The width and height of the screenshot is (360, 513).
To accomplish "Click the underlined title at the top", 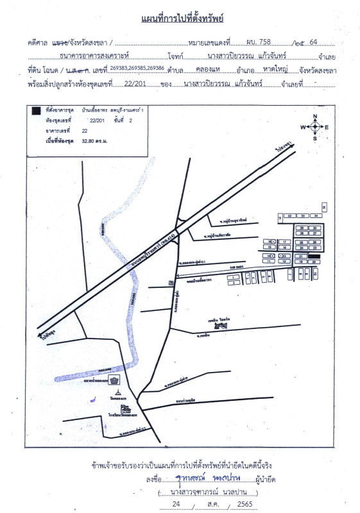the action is pyautogui.click(x=182, y=19).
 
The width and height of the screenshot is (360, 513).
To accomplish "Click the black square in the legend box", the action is pyautogui.click(x=37, y=110).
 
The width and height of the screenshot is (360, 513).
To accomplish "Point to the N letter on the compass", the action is pyautogui.click(x=315, y=117).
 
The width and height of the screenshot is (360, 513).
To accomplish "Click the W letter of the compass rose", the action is pyautogui.click(x=305, y=127).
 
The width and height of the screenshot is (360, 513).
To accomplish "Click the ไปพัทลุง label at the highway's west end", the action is pyautogui.click(x=46, y=336).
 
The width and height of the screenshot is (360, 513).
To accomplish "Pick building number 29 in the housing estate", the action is pyautogui.click(x=300, y=228).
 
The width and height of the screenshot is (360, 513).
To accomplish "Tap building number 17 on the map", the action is pyautogui.click(x=285, y=242).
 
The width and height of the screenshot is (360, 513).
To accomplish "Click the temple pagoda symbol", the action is pyautogui.click(x=117, y=392).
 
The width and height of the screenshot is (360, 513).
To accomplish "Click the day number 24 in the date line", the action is pyautogui.click(x=169, y=505).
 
